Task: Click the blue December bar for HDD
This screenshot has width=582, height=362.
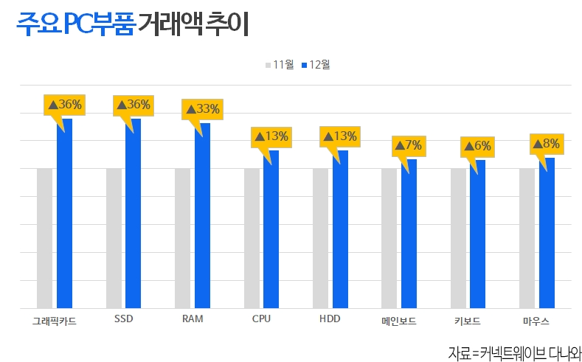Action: (340, 229)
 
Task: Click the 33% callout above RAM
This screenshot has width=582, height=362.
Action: (202, 109)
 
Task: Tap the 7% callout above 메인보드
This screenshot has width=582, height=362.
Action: (408, 145)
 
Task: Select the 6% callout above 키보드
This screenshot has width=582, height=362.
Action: (477, 146)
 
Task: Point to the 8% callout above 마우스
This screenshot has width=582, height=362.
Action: (547, 144)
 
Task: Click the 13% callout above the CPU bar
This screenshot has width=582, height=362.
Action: (271, 136)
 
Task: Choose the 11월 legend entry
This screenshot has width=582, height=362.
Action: (280, 65)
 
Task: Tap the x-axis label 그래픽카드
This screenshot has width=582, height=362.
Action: (55, 320)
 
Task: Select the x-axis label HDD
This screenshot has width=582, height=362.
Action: (330, 319)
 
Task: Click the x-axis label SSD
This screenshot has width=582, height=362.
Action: (123, 319)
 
